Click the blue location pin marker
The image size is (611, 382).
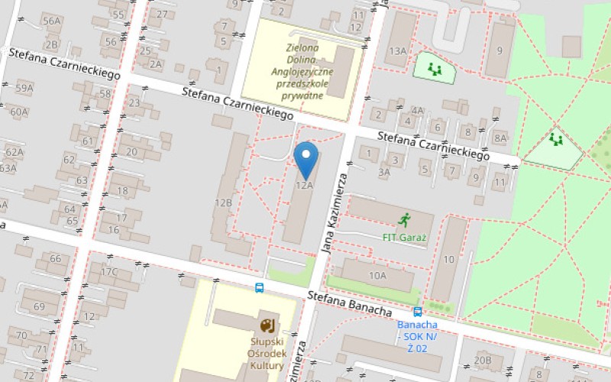tap(306, 158)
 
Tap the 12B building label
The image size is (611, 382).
tap(223, 203)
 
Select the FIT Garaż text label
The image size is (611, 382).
tap(404, 237)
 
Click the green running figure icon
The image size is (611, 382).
tap(404, 220)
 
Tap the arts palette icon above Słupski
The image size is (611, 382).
tap(268, 325)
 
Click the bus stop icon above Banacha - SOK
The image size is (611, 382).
tap(418, 312)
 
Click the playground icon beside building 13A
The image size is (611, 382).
tap(435, 70)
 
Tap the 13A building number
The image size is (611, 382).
tap(398, 51)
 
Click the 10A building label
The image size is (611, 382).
tap(377, 275)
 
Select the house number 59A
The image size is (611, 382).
tap(24, 89)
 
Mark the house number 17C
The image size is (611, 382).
tap(110, 272)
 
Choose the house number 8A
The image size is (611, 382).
tap(500, 138)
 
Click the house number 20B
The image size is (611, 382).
tap(483, 360)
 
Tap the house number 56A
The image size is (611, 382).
tap(51, 21)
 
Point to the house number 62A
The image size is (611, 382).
tap(15, 152)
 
